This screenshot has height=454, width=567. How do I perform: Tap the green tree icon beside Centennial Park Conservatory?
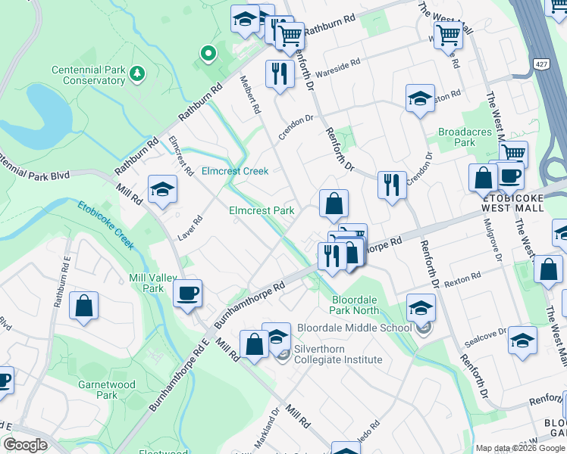point(136,73)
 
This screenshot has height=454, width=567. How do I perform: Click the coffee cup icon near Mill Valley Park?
point(187,293)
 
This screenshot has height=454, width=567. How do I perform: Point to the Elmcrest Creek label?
point(235,171)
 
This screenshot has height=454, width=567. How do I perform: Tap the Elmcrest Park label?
point(262,210)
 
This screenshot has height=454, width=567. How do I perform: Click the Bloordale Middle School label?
point(354,328)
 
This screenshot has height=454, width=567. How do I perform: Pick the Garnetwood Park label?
point(107,390)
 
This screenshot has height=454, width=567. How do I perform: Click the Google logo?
point(25,445)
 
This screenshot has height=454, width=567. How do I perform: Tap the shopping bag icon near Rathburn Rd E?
point(85,306)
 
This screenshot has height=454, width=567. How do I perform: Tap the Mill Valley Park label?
point(147,283)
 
